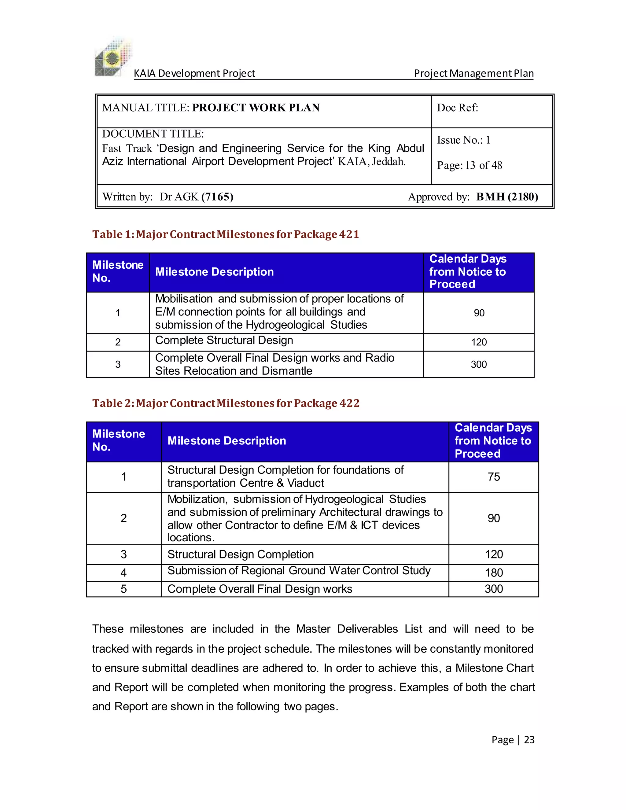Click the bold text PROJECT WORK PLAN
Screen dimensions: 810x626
(x=256, y=108)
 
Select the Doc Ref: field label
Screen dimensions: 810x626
(x=457, y=108)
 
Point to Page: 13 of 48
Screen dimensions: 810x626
(x=469, y=165)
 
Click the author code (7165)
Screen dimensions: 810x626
(x=217, y=197)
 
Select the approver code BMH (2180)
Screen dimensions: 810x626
(x=507, y=197)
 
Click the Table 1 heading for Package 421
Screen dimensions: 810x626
(x=226, y=234)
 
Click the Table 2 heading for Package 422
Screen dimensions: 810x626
(x=226, y=403)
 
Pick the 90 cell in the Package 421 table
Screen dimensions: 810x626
(x=479, y=313)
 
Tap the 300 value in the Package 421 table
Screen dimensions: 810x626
(x=479, y=364)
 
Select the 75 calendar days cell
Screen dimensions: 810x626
(x=494, y=477)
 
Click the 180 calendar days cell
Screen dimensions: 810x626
(x=494, y=573)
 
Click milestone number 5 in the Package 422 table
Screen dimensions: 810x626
(x=123, y=589)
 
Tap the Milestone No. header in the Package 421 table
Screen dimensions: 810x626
(x=118, y=271)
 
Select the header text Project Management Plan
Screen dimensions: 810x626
(x=473, y=73)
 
